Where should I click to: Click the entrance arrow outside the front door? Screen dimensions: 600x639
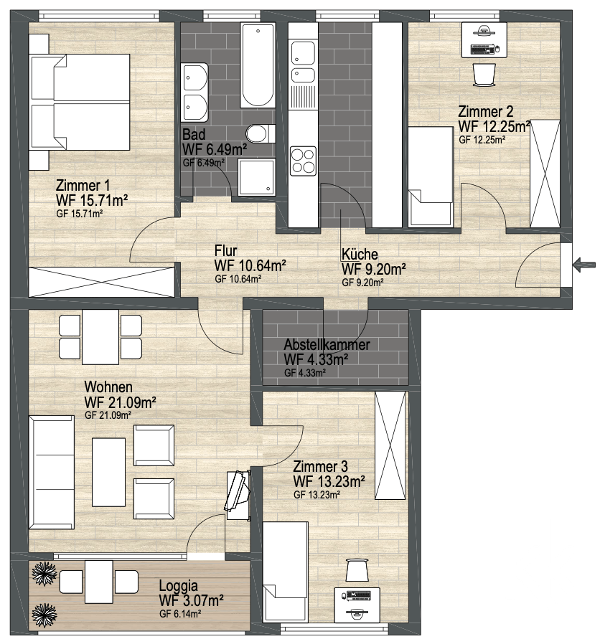click(583, 265)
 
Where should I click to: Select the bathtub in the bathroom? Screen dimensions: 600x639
click(258, 65)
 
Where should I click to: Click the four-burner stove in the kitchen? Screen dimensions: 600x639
click(303, 161)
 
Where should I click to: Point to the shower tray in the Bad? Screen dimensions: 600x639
click(256, 177)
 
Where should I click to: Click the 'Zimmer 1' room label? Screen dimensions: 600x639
click(83, 186)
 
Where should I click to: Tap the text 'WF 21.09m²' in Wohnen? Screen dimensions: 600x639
click(121, 402)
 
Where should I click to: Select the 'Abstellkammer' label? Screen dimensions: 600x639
click(327, 344)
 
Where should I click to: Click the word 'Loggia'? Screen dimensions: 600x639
click(178, 586)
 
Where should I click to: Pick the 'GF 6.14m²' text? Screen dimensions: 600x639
click(180, 614)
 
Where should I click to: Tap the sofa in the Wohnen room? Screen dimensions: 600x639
click(52, 472)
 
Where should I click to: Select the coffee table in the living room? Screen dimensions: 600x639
click(108, 471)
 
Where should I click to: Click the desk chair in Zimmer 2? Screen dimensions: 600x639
click(484, 75)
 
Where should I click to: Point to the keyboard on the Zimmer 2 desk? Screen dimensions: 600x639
click(482, 49)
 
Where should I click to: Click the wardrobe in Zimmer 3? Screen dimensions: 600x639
click(390, 445)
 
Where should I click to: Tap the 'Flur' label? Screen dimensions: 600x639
click(225, 250)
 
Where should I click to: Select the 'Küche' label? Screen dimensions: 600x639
click(360, 254)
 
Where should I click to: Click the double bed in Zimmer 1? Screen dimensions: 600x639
click(80, 101)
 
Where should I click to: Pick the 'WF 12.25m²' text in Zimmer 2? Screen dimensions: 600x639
click(494, 126)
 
